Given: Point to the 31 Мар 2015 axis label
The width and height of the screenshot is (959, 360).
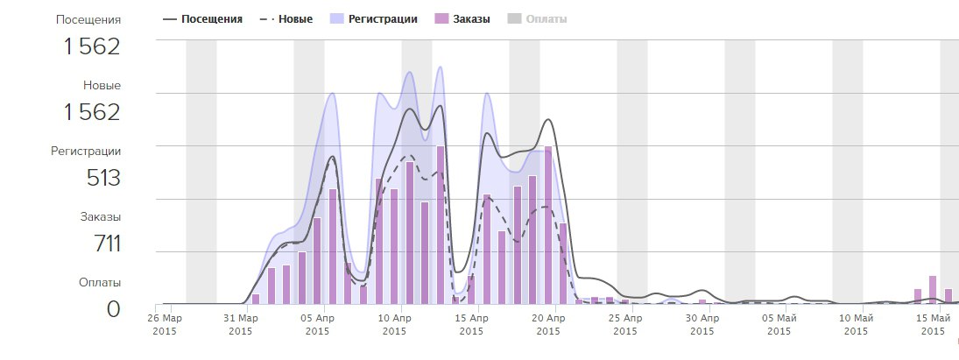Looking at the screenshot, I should pos(240,324).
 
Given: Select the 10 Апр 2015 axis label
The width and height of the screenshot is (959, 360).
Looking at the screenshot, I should pos(394,324).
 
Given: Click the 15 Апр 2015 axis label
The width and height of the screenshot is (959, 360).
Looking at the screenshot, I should pos(471,324).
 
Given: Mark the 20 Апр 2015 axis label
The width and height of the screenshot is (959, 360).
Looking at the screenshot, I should pos(548,324).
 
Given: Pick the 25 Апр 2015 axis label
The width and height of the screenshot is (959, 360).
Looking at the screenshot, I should pos(625,324).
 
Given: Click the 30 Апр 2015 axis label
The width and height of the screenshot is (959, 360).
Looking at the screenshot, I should pos(702,324).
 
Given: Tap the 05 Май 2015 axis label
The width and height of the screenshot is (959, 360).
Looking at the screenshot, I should pos(779,324).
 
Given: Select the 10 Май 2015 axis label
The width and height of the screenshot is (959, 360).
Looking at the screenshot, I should pos(857,324).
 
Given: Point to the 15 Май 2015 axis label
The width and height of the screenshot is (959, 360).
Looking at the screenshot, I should pos(934,324).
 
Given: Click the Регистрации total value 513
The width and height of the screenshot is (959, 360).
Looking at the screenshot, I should pos(102,178).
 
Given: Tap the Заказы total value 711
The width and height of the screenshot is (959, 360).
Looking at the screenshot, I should pos(106,244).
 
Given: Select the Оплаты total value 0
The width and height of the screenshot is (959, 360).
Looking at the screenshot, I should pos(113,308).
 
